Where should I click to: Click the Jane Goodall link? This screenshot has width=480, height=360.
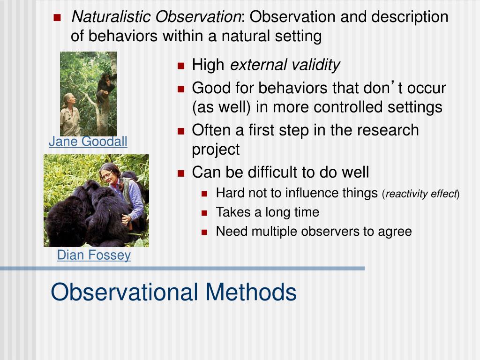tap(88, 142)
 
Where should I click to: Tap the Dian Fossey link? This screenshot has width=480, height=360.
tap(94, 255)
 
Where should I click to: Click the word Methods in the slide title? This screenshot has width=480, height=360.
tap(251, 292)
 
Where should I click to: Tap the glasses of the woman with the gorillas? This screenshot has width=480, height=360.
tap(106, 175)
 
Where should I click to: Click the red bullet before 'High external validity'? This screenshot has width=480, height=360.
tap(181, 66)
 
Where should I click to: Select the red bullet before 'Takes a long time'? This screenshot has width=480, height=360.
tap(204, 213)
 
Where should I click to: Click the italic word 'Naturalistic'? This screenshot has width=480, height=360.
tap(111, 16)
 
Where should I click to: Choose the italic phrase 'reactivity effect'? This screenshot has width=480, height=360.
tap(421, 194)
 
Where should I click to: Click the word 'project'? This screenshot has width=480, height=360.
tap(216, 150)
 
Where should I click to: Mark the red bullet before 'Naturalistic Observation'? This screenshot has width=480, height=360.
tap(57, 17)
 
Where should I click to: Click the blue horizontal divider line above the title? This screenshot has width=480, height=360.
tap(182, 269)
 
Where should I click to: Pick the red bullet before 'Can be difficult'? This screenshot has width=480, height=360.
tap(181, 173)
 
